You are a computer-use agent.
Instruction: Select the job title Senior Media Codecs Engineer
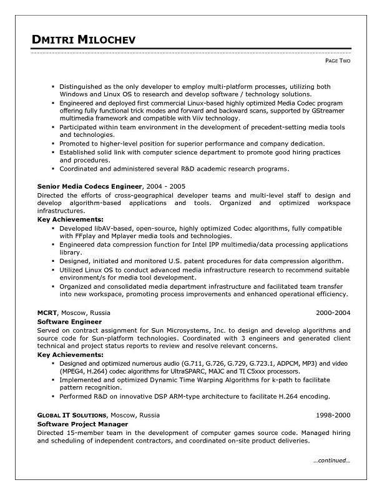point(90,186)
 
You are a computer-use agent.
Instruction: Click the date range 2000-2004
point(333,313)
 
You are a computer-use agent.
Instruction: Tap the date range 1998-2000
point(333,415)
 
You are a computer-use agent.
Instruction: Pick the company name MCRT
point(47,313)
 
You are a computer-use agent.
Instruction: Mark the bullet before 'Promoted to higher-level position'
point(54,143)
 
